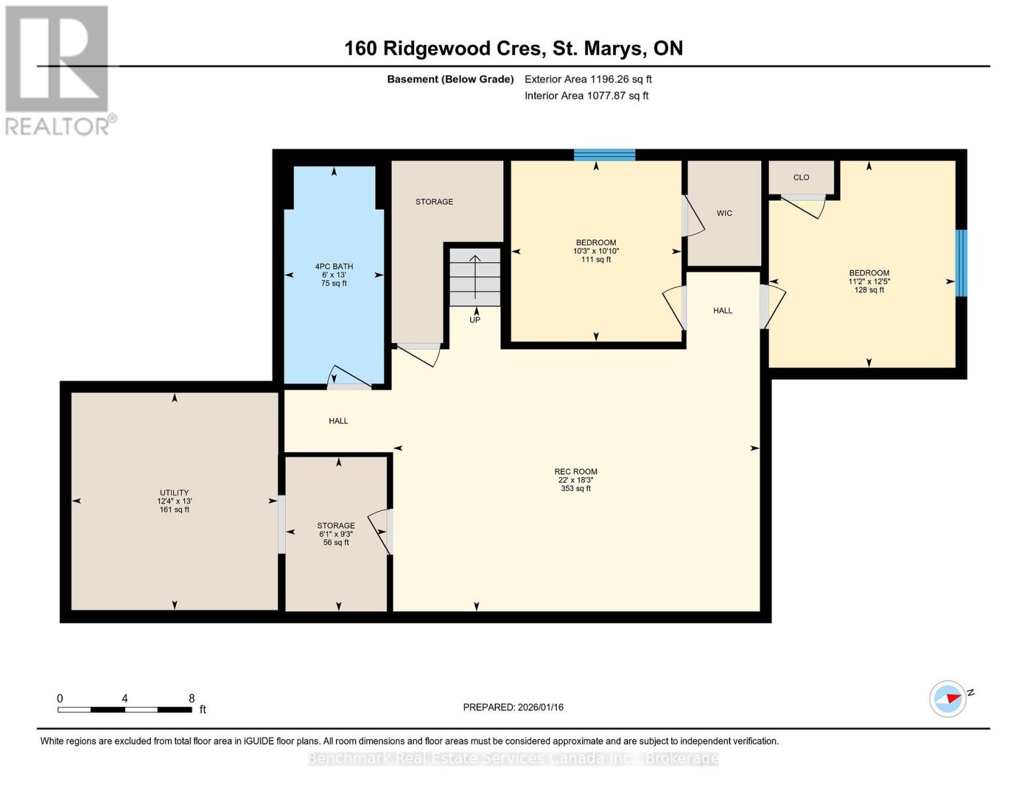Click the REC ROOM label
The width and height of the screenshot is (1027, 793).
pos(575,471)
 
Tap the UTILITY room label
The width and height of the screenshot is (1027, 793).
pos(175,492)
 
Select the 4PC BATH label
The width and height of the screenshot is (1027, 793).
pos(334,266)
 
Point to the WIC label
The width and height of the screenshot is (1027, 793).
pos(724,213)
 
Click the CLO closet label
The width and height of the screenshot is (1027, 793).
pos(801,177)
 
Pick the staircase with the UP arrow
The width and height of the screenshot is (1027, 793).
pos(475,278)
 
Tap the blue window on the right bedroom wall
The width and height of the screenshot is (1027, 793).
pos(962,263)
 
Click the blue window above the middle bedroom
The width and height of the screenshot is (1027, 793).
pos(604,155)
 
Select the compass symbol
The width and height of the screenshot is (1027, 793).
pos(947,699)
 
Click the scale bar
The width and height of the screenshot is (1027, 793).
pos(125,710)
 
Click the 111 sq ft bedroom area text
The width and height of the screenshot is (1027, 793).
pos(596,259)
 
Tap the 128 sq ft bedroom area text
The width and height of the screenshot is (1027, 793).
pos(869,289)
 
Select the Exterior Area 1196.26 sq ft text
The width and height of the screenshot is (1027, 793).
pos(588,79)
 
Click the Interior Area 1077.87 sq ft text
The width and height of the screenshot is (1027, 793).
pos(587,95)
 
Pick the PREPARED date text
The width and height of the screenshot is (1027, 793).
pos(513,707)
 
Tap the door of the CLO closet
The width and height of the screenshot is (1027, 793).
pos(803,206)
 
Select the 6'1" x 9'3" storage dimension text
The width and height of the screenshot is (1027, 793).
pos(336,534)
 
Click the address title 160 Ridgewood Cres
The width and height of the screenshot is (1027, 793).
pos(442,48)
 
